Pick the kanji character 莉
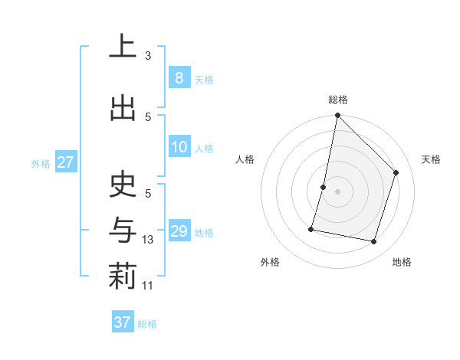coord(123,277)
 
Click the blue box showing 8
coord(179,77)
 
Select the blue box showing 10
coord(179,147)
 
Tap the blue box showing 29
coord(179,231)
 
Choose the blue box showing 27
coord(66,162)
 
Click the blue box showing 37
coord(123,322)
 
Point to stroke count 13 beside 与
coord(148,240)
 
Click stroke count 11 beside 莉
coord(148,286)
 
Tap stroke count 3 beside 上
coord(148,56)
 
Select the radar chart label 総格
coord(338,100)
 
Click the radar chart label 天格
coord(431,159)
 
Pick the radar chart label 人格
coord(245,159)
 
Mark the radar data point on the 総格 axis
coord(337,115)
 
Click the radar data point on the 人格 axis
coord(324,187)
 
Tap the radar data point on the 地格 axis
coord(373,241)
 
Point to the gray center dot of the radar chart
coord(337,191)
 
